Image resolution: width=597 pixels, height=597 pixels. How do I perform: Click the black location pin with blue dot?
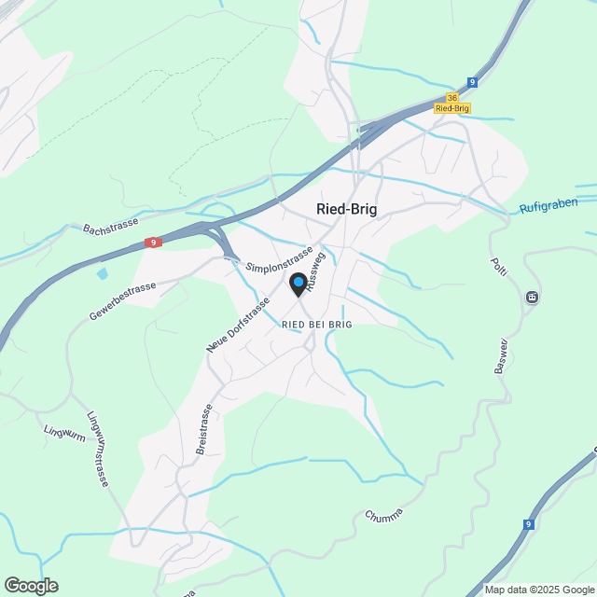point(298,285)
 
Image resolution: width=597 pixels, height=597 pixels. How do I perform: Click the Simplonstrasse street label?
point(279,259)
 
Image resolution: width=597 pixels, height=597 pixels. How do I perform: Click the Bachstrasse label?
point(110,227)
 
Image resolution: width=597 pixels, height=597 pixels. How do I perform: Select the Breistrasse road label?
point(204,429)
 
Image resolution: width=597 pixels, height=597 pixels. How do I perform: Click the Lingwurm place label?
point(64,432)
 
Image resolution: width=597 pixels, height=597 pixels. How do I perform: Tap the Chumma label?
point(384,516)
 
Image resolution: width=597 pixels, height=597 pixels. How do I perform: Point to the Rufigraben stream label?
point(548,204)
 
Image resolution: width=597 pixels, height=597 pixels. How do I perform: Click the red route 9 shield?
point(153,243)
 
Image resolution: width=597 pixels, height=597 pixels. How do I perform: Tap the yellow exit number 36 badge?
point(452,98)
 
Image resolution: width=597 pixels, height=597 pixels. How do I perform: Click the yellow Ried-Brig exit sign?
point(452,108)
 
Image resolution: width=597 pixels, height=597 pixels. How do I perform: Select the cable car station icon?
point(532,298)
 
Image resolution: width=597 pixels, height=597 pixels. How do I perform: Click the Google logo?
point(31,586)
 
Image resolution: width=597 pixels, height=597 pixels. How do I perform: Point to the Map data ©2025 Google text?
point(539,590)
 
